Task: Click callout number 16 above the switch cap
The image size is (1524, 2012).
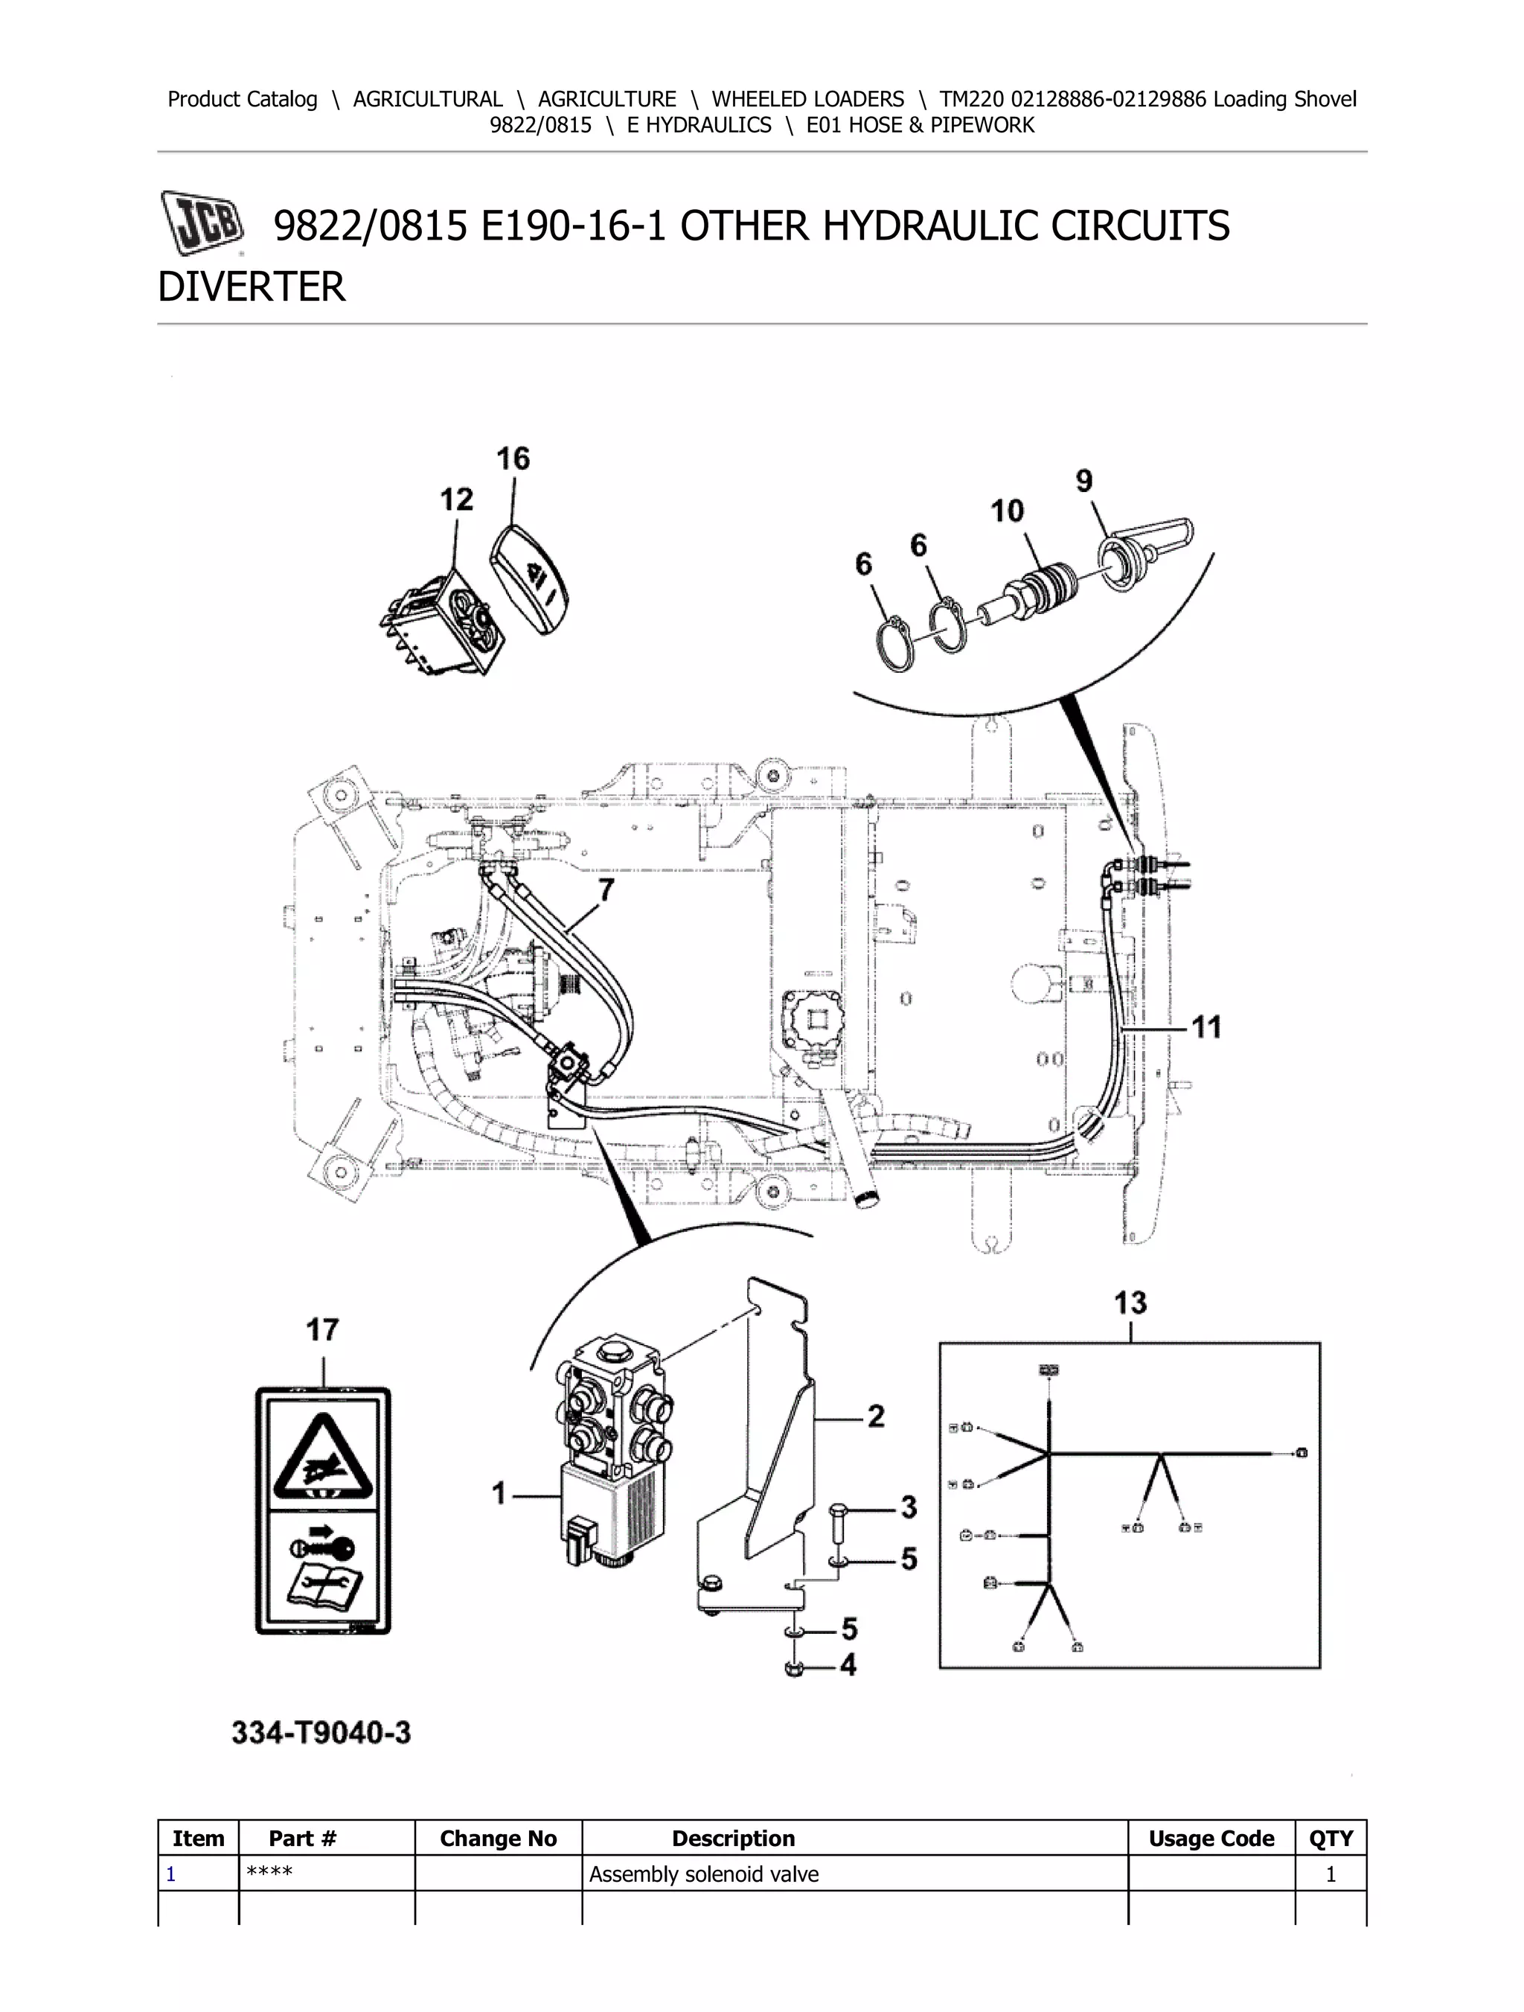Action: [x=513, y=459]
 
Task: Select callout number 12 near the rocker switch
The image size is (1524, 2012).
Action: [x=456, y=499]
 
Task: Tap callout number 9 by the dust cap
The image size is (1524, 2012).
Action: [x=1084, y=480]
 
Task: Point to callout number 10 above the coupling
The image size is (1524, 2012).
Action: [x=1007, y=511]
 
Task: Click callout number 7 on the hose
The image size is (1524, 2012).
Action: [x=606, y=889]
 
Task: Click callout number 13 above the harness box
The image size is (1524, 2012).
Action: [x=1130, y=1303]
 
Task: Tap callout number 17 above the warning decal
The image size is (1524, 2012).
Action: [x=322, y=1331]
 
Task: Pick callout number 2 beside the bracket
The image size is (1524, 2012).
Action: [x=876, y=1417]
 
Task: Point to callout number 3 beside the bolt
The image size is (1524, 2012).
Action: [x=909, y=1507]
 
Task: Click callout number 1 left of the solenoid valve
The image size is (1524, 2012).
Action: [x=499, y=1493]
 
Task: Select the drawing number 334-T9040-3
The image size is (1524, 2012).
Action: [x=321, y=1733]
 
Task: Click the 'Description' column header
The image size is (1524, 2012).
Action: [x=733, y=1839]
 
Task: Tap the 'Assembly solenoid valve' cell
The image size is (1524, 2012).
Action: [x=704, y=1874]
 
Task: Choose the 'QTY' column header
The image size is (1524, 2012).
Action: [x=1331, y=1839]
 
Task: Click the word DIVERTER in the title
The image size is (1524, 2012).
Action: [x=252, y=287]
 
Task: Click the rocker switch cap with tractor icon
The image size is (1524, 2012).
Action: [x=535, y=579]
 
